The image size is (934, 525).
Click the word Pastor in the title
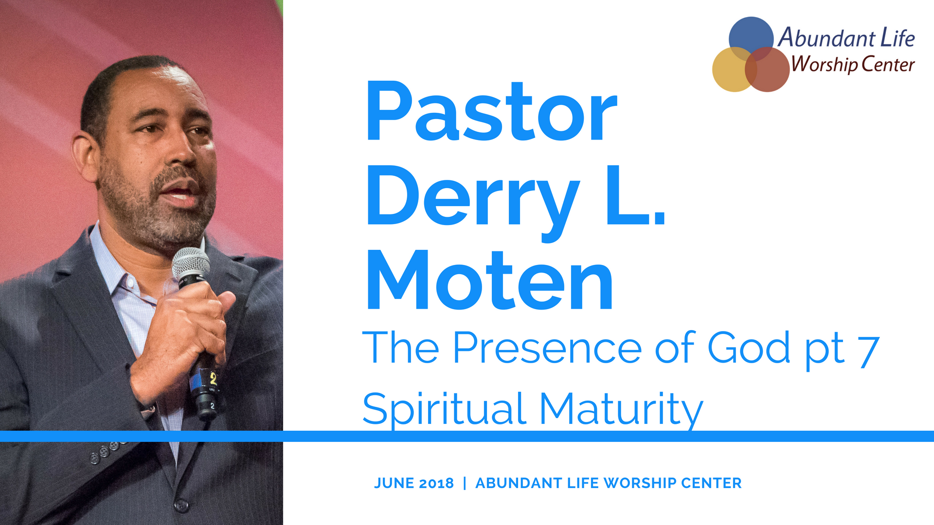pos(492,111)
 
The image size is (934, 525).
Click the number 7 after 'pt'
pos(868,351)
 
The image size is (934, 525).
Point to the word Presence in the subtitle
pos(547,348)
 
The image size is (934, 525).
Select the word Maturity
pos(621,409)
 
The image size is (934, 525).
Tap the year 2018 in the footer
pos(436,483)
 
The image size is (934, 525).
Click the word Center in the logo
pos(888,64)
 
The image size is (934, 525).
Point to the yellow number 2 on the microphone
pos(213,378)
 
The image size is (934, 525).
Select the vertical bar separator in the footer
pos(465,483)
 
